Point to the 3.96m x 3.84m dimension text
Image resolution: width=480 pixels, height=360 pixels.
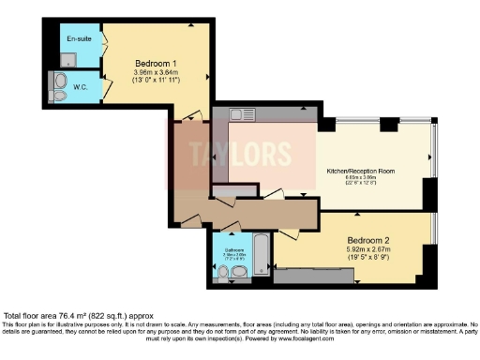click(155, 71)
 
